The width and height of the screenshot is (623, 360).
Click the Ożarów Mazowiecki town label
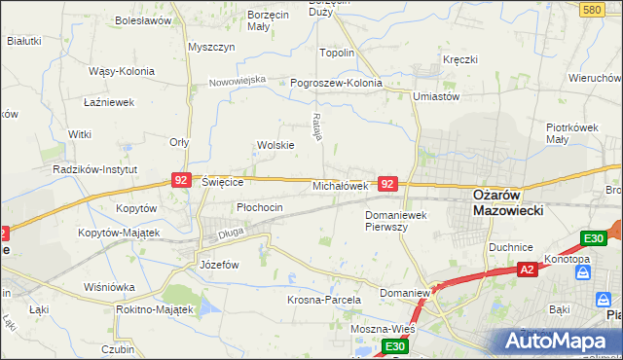click(507, 201)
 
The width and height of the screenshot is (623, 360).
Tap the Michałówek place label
click(340, 185)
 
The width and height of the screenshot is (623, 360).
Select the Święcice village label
click(222, 181)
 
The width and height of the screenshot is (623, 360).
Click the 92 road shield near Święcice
click(181, 180)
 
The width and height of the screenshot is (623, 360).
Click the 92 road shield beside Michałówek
click(387, 183)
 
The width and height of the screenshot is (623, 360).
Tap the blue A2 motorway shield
click(527, 270)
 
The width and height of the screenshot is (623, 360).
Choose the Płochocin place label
click(260, 207)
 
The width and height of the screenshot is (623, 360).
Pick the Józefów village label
click(219, 264)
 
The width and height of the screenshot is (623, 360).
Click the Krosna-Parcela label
click(324, 300)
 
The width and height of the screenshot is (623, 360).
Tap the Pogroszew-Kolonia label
click(337, 83)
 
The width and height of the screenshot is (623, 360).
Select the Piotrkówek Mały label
click(571, 132)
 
